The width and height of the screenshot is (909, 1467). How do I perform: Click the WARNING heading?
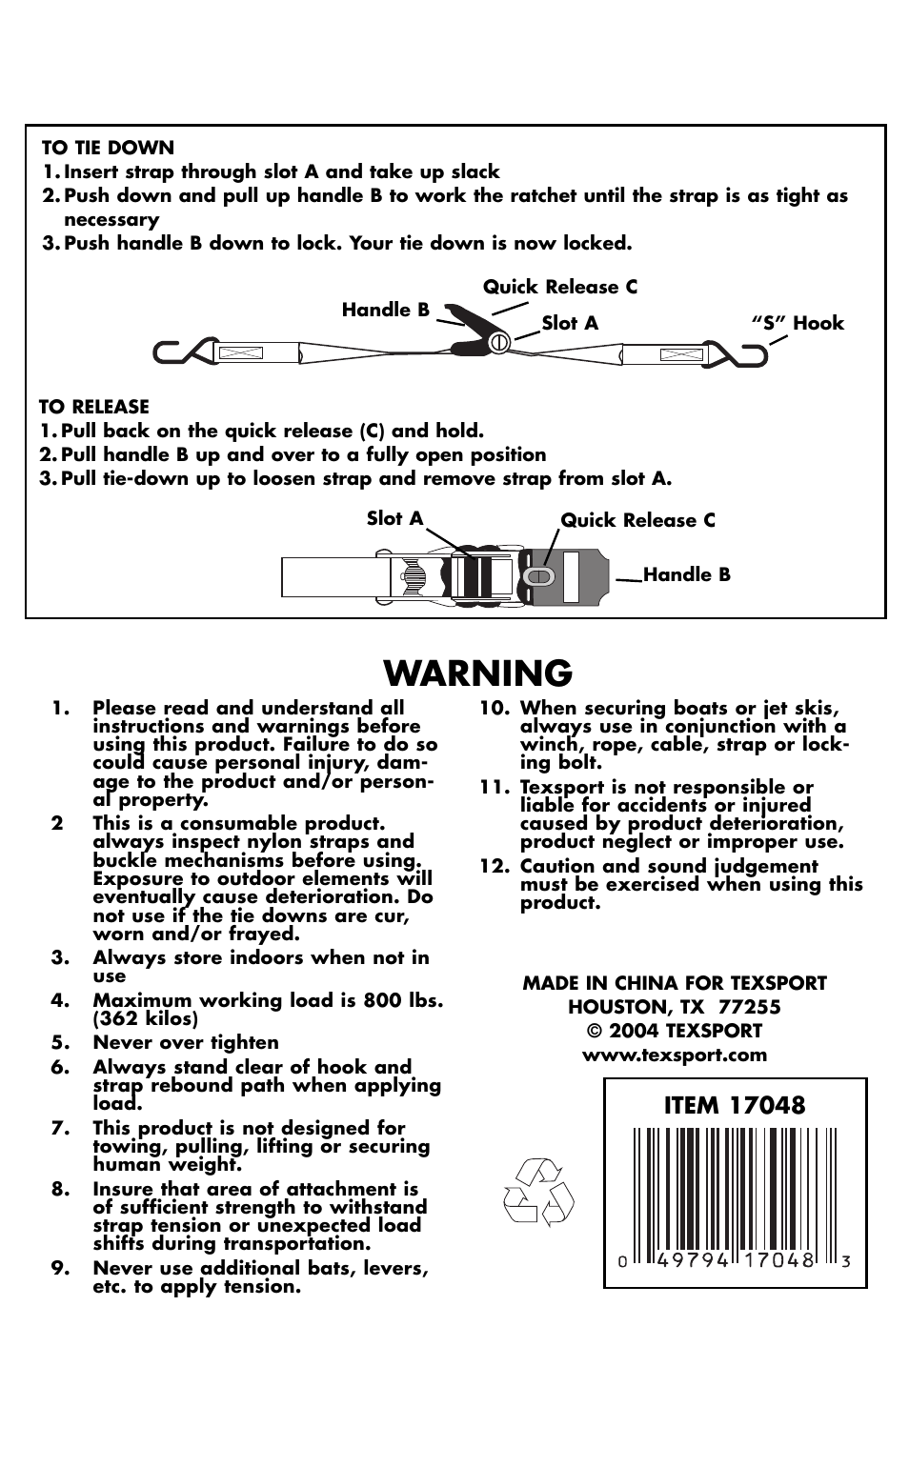[x=478, y=673]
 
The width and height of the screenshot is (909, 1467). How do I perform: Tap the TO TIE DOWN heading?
[x=108, y=148]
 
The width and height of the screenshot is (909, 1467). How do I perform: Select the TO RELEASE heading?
[x=94, y=407]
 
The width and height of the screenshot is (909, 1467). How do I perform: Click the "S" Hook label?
[x=798, y=323]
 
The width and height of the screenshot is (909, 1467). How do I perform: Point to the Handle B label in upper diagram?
[x=385, y=310]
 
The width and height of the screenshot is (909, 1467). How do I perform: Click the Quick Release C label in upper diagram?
[x=560, y=287]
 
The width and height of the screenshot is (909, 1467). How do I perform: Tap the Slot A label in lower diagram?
[x=394, y=518]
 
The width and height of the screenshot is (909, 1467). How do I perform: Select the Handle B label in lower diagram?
[x=686, y=574]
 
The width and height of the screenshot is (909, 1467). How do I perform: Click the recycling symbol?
[x=538, y=1193]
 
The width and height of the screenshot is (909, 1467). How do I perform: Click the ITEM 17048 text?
[x=734, y=1105]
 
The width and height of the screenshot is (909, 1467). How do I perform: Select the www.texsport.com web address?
[x=674, y=1055]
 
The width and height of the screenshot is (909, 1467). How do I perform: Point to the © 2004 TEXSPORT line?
[x=674, y=1031]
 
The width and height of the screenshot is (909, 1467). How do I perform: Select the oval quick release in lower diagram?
[x=538, y=576]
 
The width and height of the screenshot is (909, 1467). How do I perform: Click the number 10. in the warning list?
[x=494, y=708]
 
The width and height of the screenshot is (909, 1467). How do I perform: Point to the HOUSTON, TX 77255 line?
[x=674, y=1007]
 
